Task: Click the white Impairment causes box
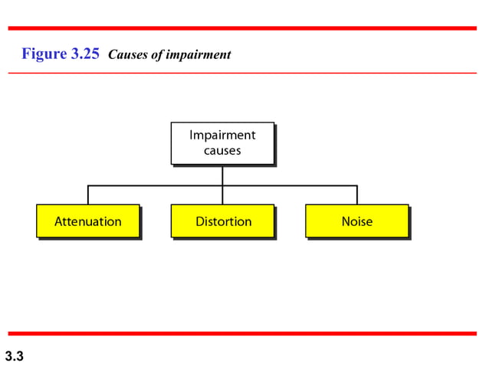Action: (222, 143)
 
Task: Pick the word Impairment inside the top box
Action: (222, 136)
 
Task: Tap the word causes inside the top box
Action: (222, 151)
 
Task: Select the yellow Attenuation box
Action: (88, 221)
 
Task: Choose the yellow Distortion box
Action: (222, 221)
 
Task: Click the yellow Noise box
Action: (356, 221)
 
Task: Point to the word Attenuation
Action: (88, 221)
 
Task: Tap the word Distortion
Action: (223, 221)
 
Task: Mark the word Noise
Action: (357, 221)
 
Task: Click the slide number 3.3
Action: (15, 355)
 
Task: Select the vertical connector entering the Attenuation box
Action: (88, 194)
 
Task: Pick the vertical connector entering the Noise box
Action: (357, 194)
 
